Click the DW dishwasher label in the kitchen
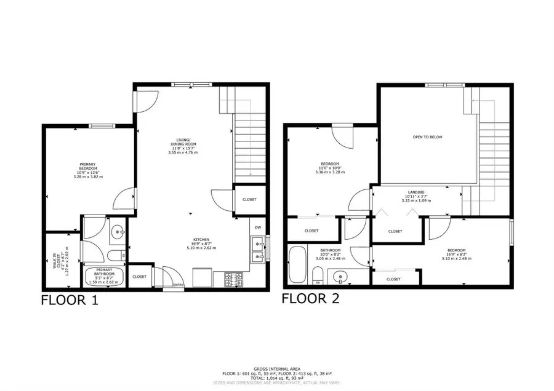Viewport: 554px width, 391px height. coord(259,228)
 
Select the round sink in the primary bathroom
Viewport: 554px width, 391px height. coord(116,232)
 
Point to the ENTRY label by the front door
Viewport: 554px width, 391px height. coord(179,285)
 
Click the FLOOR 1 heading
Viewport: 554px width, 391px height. coord(69,301)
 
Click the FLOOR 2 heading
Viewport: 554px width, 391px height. coord(310,299)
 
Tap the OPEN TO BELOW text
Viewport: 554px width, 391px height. coord(427,137)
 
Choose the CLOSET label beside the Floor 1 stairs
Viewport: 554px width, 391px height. coord(249,199)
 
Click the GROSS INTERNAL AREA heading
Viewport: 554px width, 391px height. coord(277,369)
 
